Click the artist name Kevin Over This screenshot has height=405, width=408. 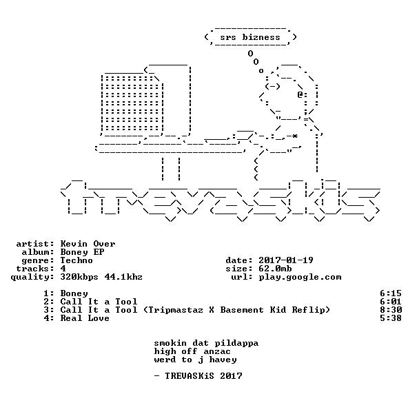[88, 244]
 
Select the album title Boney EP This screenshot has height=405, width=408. [82, 252]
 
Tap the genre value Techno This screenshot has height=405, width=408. [76, 260]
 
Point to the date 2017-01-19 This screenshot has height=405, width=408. [286, 260]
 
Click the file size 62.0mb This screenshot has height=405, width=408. [275, 269]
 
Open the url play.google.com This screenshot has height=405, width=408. [300, 277]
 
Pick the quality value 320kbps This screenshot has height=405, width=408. [79, 277]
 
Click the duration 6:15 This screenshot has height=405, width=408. [391, 293]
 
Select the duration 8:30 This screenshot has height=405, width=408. [391, 310]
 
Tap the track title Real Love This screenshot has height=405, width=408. [85, 318]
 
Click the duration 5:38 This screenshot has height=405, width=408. [391, 318]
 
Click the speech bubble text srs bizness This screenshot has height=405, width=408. [250, 37]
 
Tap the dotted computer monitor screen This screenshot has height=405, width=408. [132, 103]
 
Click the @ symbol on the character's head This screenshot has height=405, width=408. [300, 94]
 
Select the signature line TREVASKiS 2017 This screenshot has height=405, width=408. [203, 376]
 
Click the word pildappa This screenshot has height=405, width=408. [236, 343]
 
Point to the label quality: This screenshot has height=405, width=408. [32, 277]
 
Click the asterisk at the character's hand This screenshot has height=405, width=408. [294, 136]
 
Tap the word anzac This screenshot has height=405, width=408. [217, 352]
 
